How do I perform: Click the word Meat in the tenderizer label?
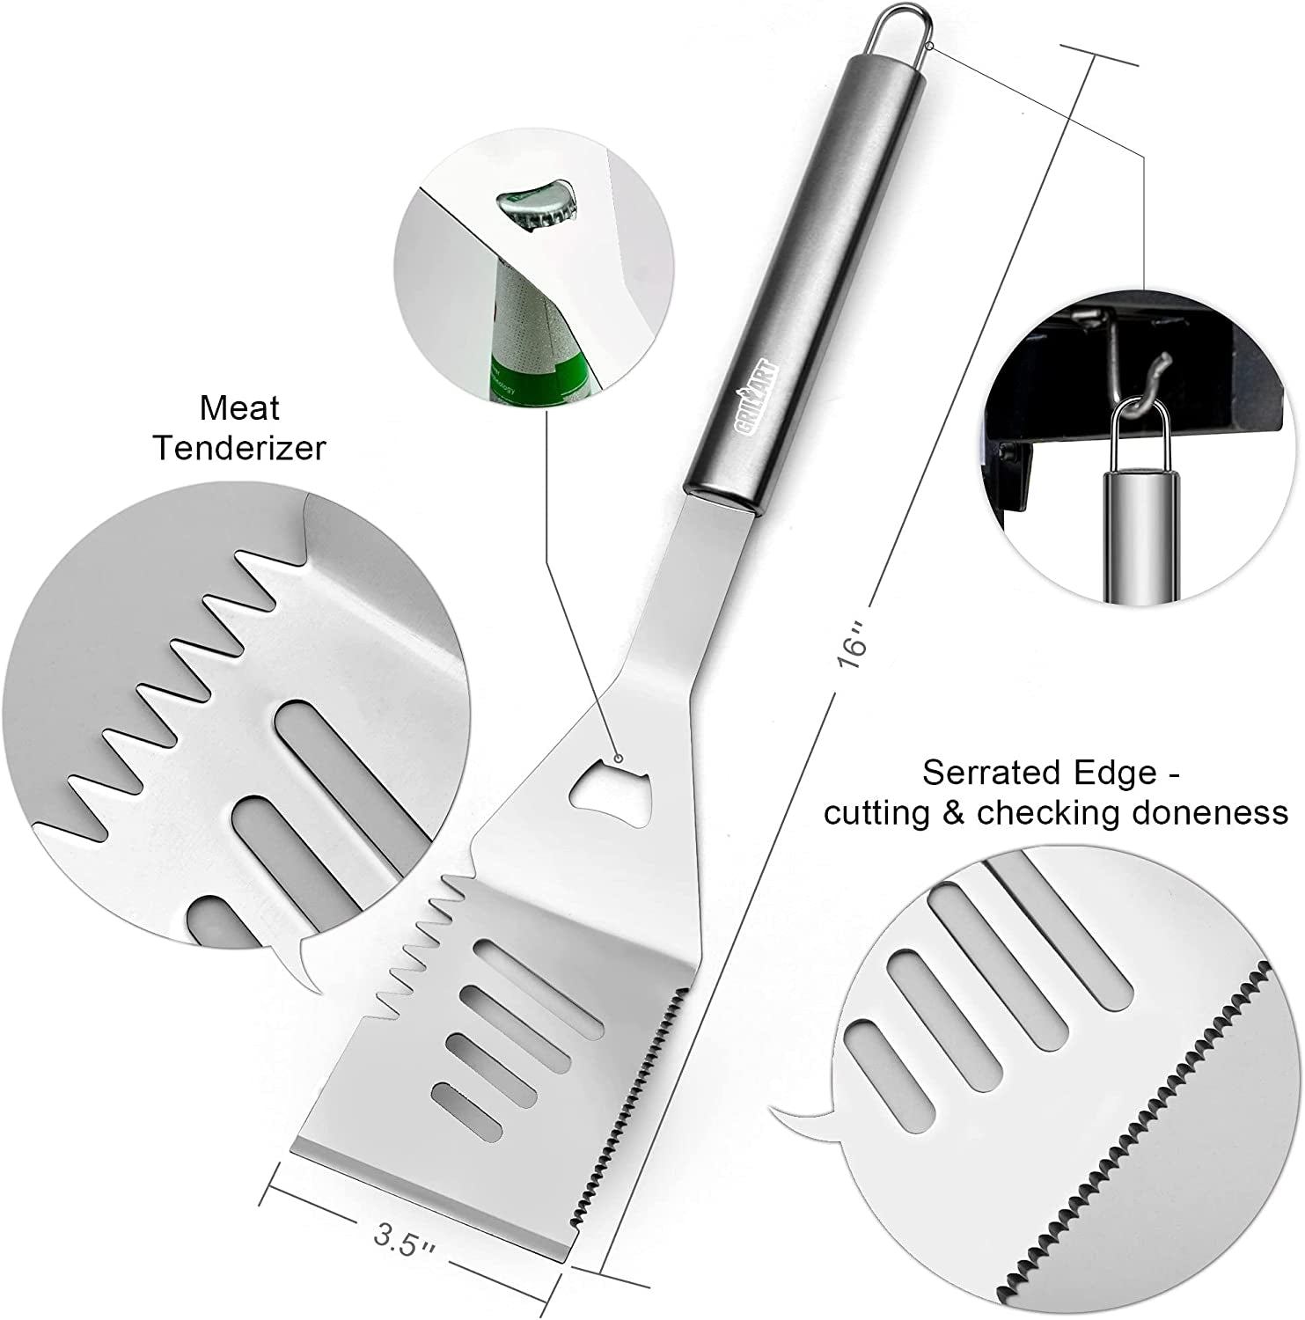pos(238,408)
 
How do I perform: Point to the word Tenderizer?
pos(239,448)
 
